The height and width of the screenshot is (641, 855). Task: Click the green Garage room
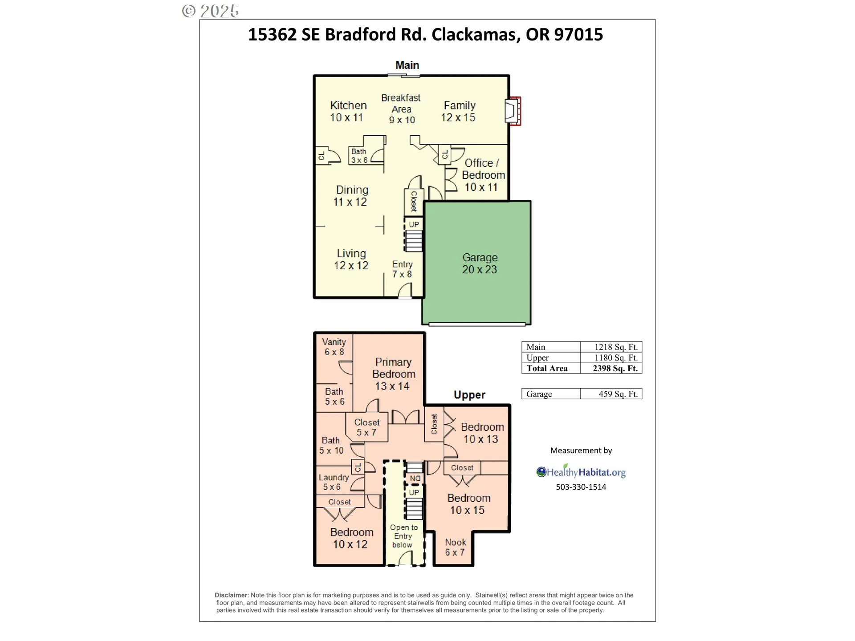coord(476,263)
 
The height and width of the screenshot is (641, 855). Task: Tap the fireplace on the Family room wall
coord(513,111)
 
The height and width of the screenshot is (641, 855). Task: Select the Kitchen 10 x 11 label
coord(348,111)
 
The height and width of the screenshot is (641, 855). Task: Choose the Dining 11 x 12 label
coord(351,196)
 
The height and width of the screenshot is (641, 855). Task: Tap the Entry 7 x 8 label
coord(402,269)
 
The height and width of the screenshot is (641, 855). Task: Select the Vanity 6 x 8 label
coord(334,347)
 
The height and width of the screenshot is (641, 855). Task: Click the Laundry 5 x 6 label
coord(334,482)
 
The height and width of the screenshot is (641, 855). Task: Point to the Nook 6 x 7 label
coord(456,547)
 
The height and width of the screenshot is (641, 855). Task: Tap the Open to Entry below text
coord(403,536)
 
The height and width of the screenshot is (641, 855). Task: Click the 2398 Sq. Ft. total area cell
coord(615,369)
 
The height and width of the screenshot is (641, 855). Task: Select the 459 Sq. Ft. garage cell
coord(618,394)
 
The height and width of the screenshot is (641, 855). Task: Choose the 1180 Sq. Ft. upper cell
coord(616,358)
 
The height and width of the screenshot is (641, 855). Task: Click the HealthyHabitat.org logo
coord(581,471)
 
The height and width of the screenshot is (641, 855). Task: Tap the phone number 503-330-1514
coord(581,487)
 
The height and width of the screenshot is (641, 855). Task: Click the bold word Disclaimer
coord(231,595)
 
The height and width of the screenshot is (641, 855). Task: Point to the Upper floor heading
coord(469,395)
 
